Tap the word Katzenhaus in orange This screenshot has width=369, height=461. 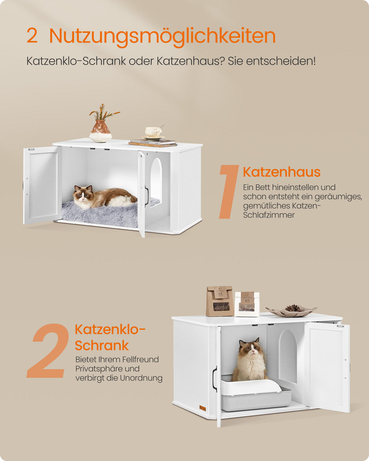[x=281, y=172]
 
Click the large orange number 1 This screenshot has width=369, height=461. [x=229, y=191]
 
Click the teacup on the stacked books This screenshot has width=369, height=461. [x=153, y=131]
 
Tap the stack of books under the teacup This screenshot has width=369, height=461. [x=152, y=142]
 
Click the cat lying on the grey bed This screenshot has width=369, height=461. [x=103, y=197]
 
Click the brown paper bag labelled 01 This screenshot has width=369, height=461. [x=220, y=301]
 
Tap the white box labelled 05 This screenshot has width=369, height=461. [x=247, y=304]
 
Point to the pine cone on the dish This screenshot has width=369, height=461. [x=292, y=308]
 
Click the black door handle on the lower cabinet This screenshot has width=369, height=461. [x=214, y=379]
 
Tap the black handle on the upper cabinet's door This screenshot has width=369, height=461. [x=146, y=196]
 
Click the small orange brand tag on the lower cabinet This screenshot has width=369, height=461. [x=202, y=408]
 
